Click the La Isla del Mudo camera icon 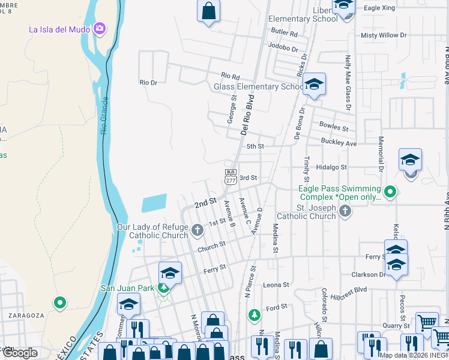tap(99, 28)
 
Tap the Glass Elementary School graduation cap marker tap(313, 85)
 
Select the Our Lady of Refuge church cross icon tap(197, 229)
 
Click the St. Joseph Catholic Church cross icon tap(345, 211)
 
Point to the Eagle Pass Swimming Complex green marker tap(390, 192)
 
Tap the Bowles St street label tap(334, 128)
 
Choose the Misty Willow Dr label tap(384, 35)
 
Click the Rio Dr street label tap(148, 82)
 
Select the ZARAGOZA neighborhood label tap(26, 315)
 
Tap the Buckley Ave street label tap(339, 143)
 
